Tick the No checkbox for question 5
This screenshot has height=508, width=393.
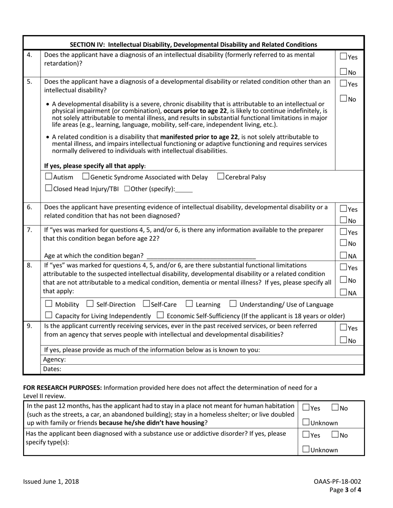coord(343,99)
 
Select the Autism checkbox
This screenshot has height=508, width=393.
coord(48,177)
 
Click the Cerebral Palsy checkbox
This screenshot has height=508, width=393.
coord(220,177)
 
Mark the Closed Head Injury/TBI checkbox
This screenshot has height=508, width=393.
coord(48,189)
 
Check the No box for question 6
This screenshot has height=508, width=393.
coord(343,221)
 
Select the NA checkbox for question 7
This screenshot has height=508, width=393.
coord(343,256)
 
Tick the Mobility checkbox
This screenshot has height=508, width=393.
coord(48,304)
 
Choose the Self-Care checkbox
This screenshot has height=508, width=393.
coord(146,304)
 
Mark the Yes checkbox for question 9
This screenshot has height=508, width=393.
coord(343,328)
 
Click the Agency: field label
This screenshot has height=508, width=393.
coord(54,360)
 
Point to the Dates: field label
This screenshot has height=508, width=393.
coord(52,369)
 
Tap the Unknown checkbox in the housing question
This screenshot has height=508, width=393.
coord(306,423)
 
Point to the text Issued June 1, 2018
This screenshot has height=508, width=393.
coord(51,481)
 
